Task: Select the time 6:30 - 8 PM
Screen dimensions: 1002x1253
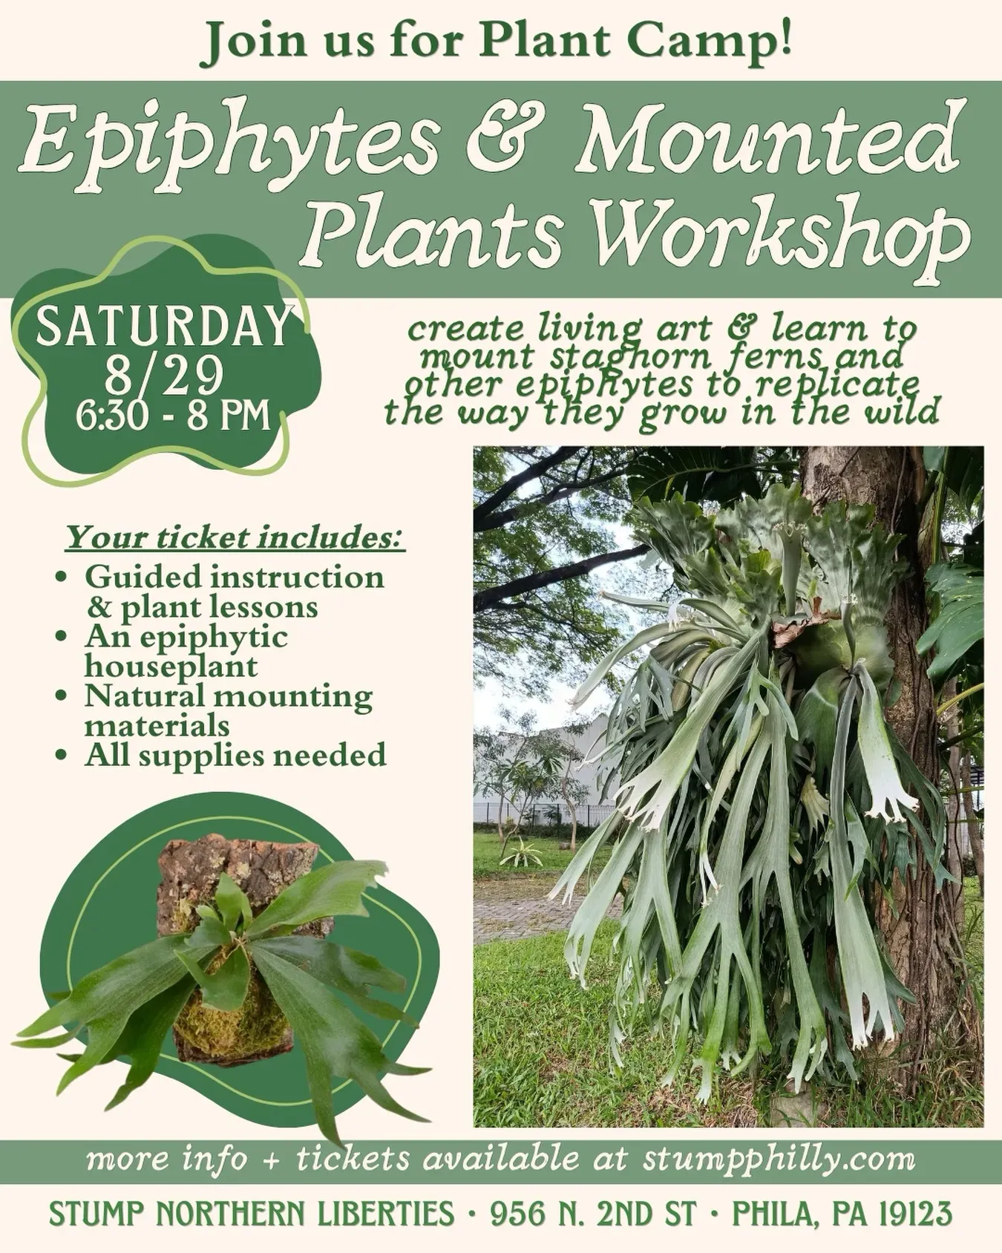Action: (x=172, y=416)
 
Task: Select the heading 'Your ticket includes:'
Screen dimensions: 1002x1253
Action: (x=236, y=537)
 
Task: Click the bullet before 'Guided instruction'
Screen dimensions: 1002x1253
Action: (x=62, y=578)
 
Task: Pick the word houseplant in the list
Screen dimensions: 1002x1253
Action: (x=171, y=666)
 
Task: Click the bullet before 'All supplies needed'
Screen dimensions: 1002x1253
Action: (x=62, y=756)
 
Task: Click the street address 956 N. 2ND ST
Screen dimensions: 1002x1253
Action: (x=593, y=1214)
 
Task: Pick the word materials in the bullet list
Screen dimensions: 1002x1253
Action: (x=157, y=725)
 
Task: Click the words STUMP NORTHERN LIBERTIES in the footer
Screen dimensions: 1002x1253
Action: (x=251, y=1214)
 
